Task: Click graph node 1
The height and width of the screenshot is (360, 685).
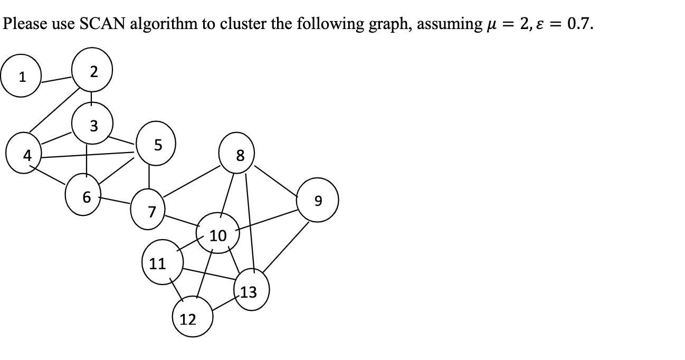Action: pyautogui.click(x=22, y=77)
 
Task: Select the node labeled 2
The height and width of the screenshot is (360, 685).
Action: pyautogui.click(x=92, y=72)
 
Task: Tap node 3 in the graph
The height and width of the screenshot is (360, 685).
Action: pyautogui.click(x=93, y=125)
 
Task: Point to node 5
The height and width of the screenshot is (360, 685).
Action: pyautogui.click(x=156, y=142)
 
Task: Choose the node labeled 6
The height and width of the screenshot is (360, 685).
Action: pyautogui.click(x=86, y=196)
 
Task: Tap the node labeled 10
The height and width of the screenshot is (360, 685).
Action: pyautogui.click(x=217, y=234)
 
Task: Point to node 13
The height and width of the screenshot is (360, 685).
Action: pyautogui.click(x=250, y=291)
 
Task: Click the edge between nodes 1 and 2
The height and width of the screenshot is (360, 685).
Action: pyautogui.click(x=57, y=80)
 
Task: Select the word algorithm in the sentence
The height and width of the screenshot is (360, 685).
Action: pyautogui.click(x=166, y=24)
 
